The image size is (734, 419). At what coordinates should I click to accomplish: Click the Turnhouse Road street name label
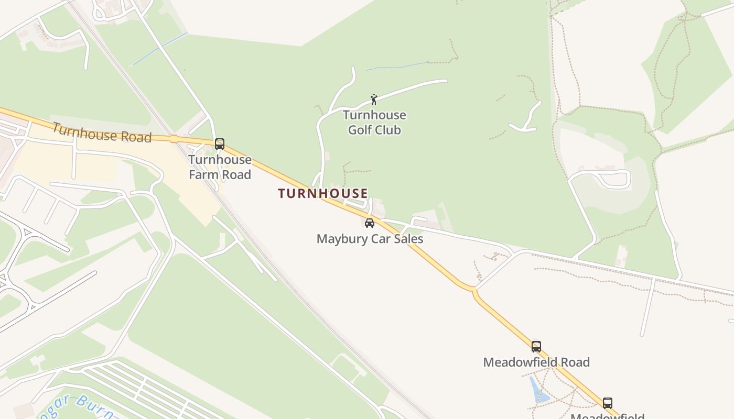102,133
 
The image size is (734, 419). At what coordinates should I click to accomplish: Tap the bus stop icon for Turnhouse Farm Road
220,144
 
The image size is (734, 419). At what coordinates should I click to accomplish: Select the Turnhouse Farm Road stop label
220,167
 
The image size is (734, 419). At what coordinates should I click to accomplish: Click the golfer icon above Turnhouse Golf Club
374,100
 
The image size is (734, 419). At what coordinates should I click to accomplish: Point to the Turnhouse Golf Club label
374,122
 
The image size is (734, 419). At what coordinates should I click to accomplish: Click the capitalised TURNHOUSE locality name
323,193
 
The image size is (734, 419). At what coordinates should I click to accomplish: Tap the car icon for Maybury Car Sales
370,223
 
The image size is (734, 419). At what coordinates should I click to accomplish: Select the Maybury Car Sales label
370,239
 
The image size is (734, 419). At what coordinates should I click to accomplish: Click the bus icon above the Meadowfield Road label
536,346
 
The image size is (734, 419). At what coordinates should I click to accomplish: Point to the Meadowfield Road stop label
536,362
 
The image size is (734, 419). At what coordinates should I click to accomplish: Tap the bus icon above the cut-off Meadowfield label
607,403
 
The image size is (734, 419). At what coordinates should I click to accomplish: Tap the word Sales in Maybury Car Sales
407,239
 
